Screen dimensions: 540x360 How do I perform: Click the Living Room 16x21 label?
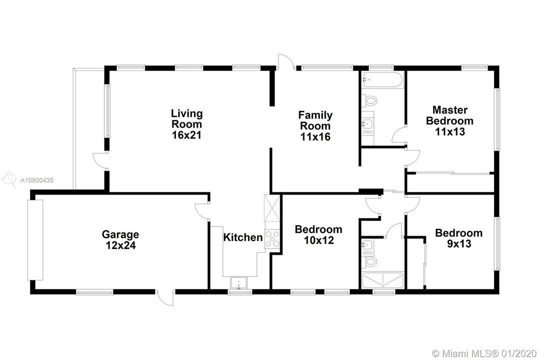pos(186,124)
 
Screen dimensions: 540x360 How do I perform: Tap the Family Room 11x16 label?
pos(315,125)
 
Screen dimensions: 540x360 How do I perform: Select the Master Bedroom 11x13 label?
pos(450,120)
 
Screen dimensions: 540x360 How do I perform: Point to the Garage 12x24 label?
pos(120,240)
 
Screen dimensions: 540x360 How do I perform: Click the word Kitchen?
pos(243,237)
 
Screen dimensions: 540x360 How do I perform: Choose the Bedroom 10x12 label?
pos(318,234)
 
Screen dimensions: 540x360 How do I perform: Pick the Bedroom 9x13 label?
pos(458,238)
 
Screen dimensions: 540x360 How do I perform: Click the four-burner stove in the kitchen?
pos(272,238)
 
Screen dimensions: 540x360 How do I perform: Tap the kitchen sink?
pos(238,283)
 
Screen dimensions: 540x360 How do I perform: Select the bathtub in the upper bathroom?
pos(382,80)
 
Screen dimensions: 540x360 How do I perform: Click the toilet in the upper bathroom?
pos(369,101)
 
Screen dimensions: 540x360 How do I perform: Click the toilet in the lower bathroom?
pos(369,262)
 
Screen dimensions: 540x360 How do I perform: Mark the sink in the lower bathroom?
pos(367,245)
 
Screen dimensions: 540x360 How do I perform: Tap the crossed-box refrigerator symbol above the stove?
pos(272,207)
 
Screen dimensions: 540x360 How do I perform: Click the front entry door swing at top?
pos(286,62)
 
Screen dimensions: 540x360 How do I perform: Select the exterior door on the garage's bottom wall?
pos(165,297)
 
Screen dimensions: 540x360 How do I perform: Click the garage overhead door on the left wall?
pos(35,240)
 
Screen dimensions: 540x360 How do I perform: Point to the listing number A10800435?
pos(37,180)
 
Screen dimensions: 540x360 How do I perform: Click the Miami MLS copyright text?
pos(484,353)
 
